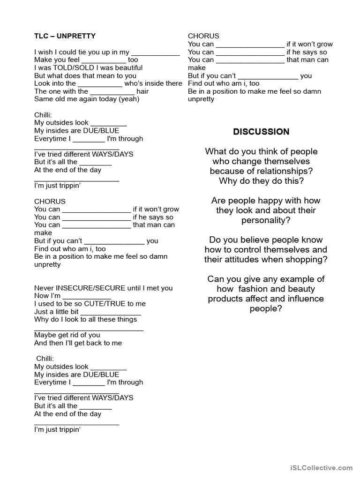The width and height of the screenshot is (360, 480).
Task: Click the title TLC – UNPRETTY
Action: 65,36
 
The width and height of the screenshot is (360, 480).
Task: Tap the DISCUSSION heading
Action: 261,132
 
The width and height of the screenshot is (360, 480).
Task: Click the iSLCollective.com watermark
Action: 321,467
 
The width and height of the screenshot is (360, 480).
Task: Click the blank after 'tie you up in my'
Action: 155,52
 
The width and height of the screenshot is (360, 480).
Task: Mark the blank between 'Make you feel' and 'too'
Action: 104,60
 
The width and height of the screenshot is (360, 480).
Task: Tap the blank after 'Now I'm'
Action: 87,296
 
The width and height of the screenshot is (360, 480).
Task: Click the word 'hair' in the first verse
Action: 142,91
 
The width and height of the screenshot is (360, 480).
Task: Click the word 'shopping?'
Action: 306,260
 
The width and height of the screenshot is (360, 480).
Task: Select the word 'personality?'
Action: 266,220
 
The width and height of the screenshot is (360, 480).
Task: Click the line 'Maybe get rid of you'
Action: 67,335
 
